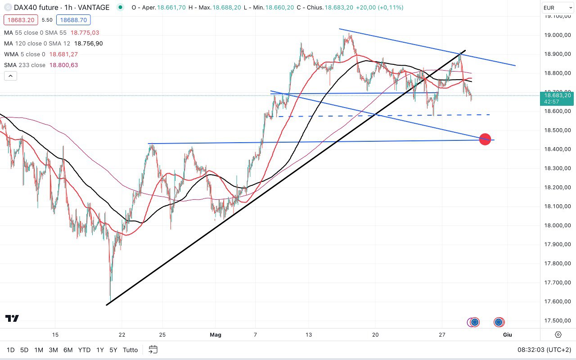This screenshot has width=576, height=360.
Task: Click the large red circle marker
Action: [485, 139]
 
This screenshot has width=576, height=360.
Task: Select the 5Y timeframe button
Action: [114, 350]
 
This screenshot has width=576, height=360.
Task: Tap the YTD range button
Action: [84, 350]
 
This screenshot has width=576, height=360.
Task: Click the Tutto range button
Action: [130, 350]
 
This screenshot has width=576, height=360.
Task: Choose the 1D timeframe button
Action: [10, 350]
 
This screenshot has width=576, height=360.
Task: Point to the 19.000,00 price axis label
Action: [558, 35]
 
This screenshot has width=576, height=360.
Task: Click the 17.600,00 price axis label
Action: [558, 301]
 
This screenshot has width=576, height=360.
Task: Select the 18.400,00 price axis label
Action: [558, 149]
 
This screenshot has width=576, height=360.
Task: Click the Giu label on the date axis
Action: [508, 335]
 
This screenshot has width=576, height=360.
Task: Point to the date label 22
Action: [122, 335]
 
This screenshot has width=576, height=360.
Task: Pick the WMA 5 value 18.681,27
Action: [63, 54]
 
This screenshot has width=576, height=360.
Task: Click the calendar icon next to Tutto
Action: [153, 350]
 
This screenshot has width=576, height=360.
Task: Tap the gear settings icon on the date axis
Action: [558, 334]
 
